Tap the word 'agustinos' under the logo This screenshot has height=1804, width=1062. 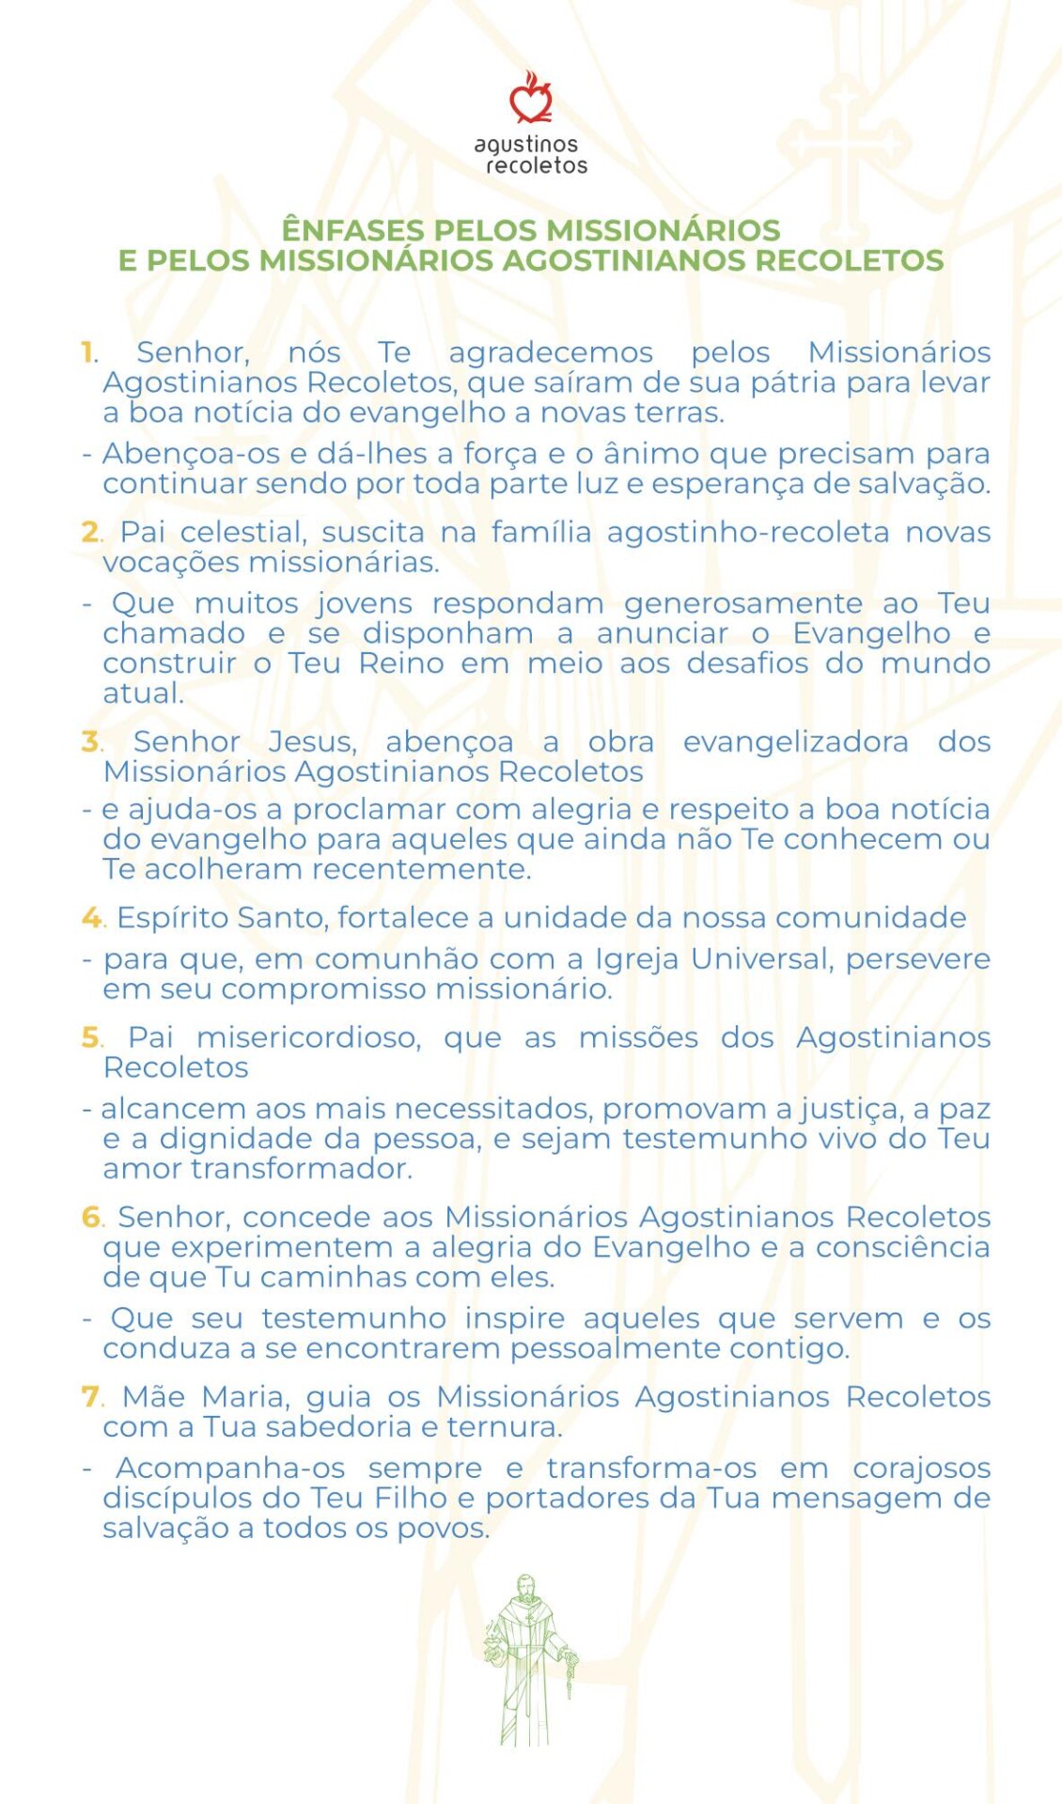pyautogui.click(x=526, y=145)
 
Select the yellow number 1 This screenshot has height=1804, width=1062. pyautogui.click(x=88, y=353)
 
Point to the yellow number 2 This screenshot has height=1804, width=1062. pyautogui.click(x=90, y=533)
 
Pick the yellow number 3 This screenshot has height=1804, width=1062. pyautogui.click(x=90, y=742)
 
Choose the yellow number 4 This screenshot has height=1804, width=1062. pyautogui.click(x=91, y=918)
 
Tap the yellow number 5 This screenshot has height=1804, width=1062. pyautogui.click(x=90, y=1038)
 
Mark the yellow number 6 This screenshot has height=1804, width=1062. pyautogui.click(x=91, y=1218)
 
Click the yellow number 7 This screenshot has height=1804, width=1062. pyautogui.click(x=90, y=1397)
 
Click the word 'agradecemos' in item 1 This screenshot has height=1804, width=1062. pyautogui.click(x=551, y=353)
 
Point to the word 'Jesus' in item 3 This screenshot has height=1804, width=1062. pyautogui.click(x=312, y=742)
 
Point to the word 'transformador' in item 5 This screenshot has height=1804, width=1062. pyautogui.click(x=301, y=1169)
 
